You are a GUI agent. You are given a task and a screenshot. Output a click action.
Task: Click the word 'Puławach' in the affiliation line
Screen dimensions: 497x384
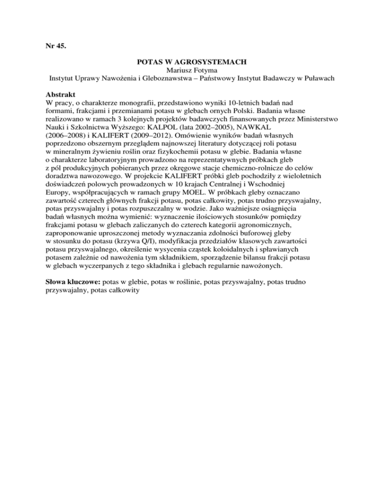coord(320,79)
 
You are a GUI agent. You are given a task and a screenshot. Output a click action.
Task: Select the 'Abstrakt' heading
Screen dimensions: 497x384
coord(55,94)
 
